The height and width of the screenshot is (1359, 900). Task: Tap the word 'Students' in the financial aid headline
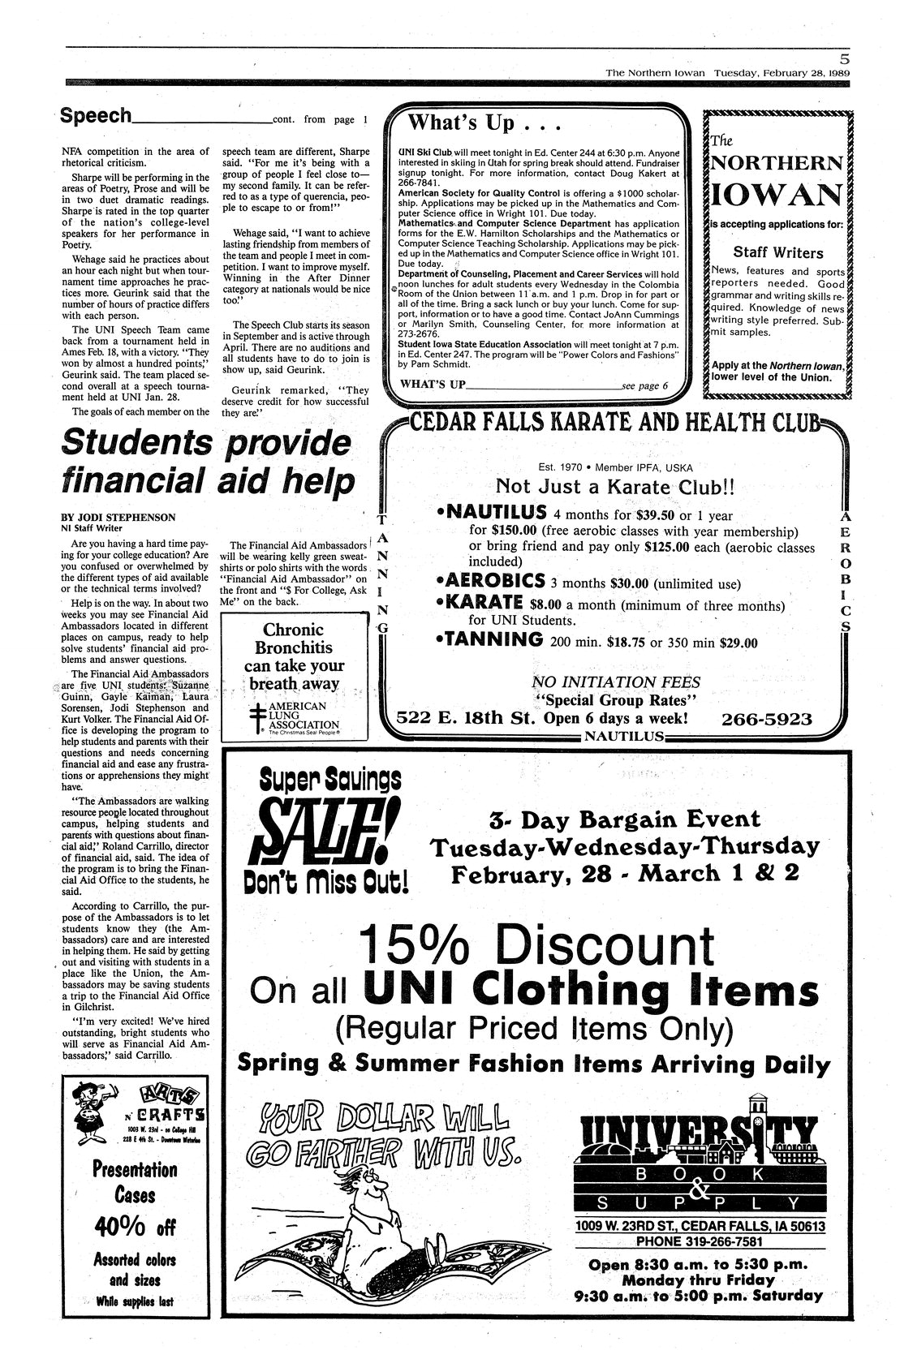click(x=136, y=443)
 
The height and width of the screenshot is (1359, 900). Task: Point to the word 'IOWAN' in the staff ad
click(x=777, y=195)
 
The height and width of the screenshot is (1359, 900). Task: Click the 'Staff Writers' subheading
click(x=777, y=252)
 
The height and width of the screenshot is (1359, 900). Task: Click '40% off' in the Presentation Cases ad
click(x=134, y=1227)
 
